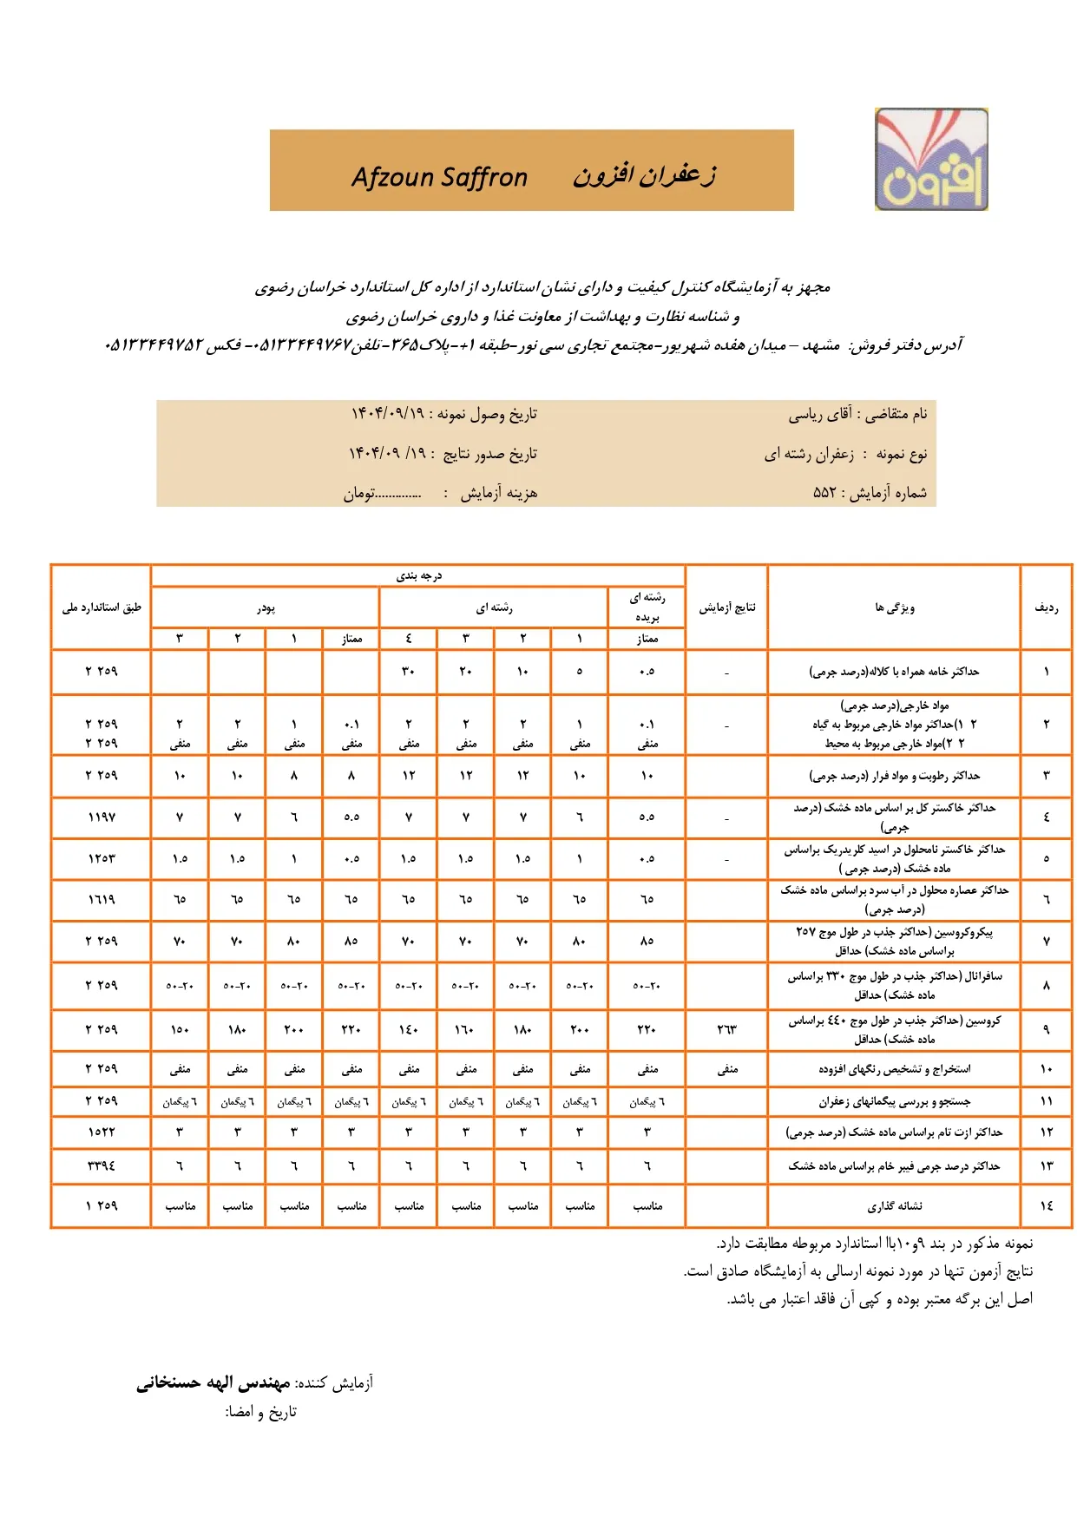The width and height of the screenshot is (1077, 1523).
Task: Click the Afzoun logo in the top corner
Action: click(931, 160)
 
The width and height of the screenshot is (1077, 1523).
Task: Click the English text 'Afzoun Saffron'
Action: click(439, 177)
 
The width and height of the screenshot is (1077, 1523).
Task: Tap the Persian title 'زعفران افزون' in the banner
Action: click(644, 175)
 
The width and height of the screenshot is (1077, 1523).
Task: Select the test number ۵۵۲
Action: click(824, 493)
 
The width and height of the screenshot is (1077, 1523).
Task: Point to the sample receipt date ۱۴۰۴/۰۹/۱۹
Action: click(388, 414)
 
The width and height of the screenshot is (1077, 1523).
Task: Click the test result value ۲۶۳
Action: click(726, 1030)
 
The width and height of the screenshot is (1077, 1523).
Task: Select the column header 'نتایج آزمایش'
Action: click(727, 607)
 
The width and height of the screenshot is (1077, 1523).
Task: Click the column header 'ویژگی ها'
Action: click(895, 607)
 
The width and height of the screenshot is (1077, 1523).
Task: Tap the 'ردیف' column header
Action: click(1047, 607)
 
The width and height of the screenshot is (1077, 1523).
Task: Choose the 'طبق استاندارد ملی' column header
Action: click(102, 607)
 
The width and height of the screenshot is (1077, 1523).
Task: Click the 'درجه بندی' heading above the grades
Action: click(419, 576)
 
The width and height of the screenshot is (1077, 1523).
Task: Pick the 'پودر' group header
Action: click(266, 608)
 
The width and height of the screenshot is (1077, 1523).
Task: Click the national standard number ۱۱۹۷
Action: click(102, 817)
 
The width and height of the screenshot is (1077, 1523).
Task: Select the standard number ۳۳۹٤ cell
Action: click(102, 1166)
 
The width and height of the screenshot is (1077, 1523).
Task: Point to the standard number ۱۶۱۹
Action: click(102, 900)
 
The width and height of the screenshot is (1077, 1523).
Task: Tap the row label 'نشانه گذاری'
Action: click(895, 1206)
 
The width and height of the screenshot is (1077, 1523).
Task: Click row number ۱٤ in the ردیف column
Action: click(1047, 1206)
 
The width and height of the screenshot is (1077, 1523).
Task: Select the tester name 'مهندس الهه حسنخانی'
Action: click(213, 1382)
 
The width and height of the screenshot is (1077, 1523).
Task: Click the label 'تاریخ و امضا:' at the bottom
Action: click(261, 1412)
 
